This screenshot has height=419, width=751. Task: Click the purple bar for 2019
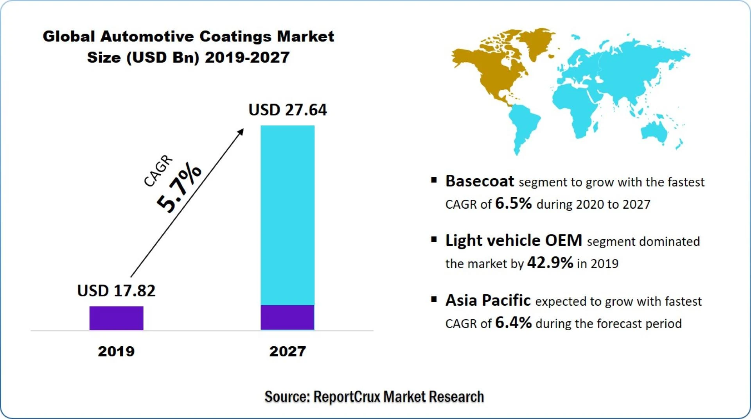[x=116, y=318]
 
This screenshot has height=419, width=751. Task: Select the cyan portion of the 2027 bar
[x=287, y=215]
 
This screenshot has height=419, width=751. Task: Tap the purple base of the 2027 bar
[x=287, y=317]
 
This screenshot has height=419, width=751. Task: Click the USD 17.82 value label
[x=116, y=291]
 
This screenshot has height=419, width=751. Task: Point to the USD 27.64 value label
[x=287, y=110]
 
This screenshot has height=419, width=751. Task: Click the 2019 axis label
[x=116, y=351]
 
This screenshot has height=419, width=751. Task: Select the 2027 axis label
[x=287, y=351]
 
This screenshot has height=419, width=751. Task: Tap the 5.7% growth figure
[x=179, y=188]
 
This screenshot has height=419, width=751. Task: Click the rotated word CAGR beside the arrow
[x=158, y=171]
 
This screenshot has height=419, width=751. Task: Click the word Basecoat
[x=480, y=181]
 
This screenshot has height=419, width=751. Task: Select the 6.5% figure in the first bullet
[x=513, y=203]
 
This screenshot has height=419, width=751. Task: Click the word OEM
[x=563, y=240]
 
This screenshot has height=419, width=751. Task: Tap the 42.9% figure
[x=550, y=263]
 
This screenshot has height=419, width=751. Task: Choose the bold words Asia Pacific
[x=488, y=301]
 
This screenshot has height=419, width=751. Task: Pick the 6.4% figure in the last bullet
[x=513, y=323]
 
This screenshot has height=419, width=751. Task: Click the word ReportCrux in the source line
[x=347, y=397]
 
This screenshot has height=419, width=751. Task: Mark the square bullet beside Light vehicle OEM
[x=434, y=240]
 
